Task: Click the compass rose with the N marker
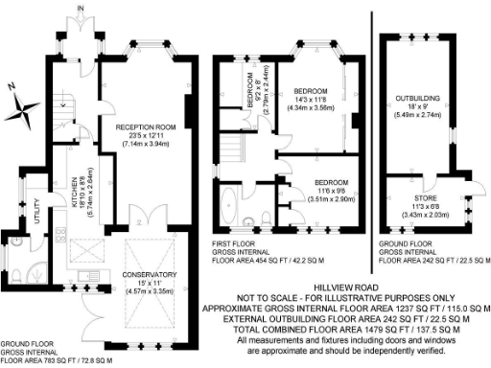pos(25,107)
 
